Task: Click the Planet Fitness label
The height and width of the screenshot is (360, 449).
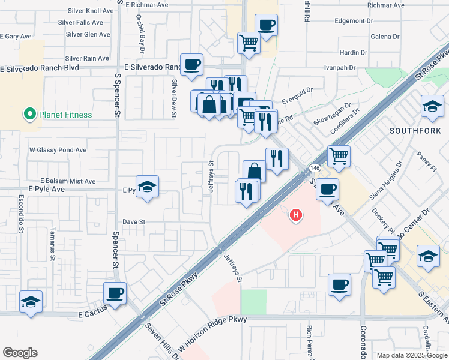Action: (x=65, y=115)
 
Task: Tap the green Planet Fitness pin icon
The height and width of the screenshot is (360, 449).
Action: (x=28, y=114)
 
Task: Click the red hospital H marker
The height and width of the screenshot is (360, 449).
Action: (x=295, y=215)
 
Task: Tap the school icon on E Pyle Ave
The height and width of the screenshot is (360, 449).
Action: (x=146, y=187)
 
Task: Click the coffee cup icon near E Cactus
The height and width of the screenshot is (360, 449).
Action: (x=115, y=293)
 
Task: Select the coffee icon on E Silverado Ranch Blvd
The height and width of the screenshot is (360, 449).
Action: (x=191, y=64)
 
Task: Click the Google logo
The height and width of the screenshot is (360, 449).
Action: (x=20, y=353)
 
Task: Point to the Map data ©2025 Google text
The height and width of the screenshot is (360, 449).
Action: (x=412, y=355)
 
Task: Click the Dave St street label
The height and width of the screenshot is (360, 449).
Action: (x=134, y=221)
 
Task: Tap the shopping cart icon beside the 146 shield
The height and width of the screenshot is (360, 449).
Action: (x=339, y=157)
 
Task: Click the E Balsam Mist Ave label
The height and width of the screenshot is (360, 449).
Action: (x=68, y=181)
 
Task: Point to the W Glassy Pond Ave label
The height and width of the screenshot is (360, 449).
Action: (x=58, y=150)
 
